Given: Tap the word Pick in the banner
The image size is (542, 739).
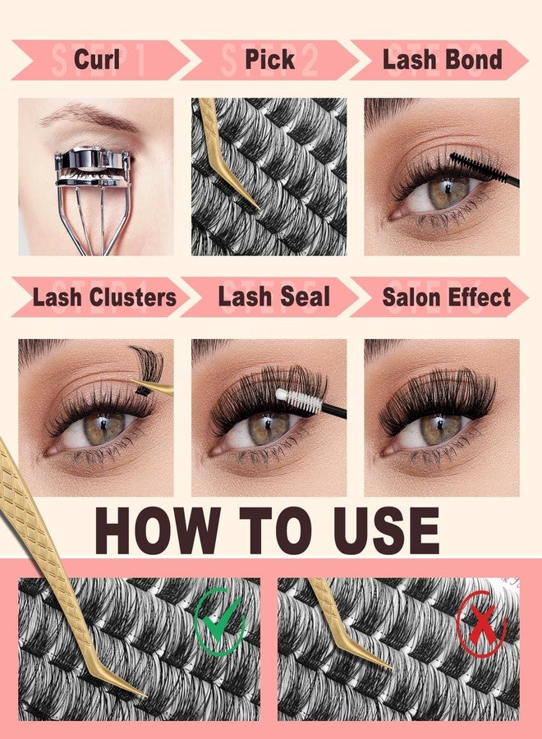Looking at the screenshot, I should click(x=269, y=59).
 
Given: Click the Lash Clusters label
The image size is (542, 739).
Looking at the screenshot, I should click(x=104, y=297).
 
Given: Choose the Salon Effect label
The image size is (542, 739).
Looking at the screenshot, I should click(x=446, y=297).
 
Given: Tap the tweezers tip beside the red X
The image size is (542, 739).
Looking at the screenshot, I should click(x=384, y=663).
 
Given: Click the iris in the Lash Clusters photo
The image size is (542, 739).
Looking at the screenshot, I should click(x=103, y=428).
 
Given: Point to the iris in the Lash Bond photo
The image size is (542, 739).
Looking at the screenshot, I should click(x=448, y=190).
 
